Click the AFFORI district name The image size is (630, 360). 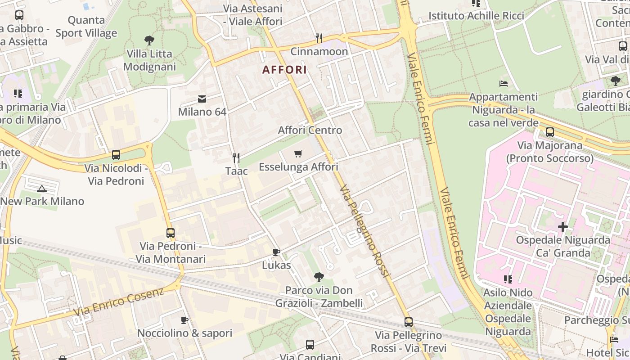pyautogui.click(x=284, y=70)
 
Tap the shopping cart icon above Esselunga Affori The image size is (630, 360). pyautogui.click(x=298, y=154)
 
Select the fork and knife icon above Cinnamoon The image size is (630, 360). pyautogui.click(x=319, y=38)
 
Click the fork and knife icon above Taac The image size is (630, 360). pyautogui.click(x=236, y=157)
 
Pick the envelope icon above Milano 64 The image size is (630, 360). pyautogui.click(x=202, y=99)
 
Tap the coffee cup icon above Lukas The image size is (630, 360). pyautogui.click(x=276, y=252)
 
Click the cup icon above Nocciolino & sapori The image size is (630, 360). pyautogui.click(x=184, y=320)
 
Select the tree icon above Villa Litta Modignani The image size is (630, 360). pyautogui.click(x=149, y=40)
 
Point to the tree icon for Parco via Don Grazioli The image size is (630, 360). pyautogui.click(x=319, y=277)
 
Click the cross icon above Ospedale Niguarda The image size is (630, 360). pyautogui.click(x=562, y=227)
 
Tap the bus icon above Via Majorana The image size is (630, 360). pyautogui.click(x=549, y=132)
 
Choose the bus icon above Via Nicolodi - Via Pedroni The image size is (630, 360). pyautogui.click(x=116, y=155)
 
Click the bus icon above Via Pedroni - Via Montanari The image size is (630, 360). pyautogui.click(x=171, y=233)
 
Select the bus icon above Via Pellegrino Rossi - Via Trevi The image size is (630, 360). pyautogui.click(x=409, y=322)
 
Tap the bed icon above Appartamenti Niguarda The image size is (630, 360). pyautogui.click(x=504, y=84)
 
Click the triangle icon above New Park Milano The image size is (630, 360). pyautogui.click(x=42, y=188)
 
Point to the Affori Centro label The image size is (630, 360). pyautogui.click(x=310, y=130)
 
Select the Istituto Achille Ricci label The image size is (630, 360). pyautogui.click(x=476, y=16)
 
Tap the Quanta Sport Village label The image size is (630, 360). pyautogui.click(x=86, y=27)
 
